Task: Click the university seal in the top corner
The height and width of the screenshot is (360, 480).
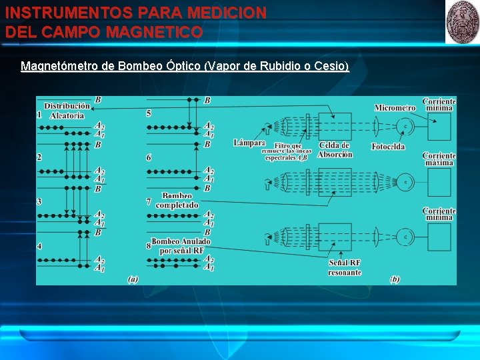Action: [x=462, y=21]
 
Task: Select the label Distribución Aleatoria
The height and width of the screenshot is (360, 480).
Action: [x=67, y=111]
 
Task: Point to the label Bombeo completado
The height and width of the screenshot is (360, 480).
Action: [x=177, y=201]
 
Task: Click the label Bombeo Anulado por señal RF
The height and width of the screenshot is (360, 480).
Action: [x=181, y=246]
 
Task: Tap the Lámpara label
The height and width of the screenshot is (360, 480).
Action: [x=249, y=143]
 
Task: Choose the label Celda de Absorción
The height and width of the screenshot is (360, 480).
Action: [x=335, y=150]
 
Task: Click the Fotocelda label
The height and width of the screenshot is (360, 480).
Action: [x=388, y=147]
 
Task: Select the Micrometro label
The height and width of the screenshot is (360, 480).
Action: [x=395, y=107]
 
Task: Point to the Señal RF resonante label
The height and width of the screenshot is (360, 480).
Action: [x=345, y=267]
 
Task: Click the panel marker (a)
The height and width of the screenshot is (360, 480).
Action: [x=133, y=279]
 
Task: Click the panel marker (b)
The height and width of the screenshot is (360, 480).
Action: [x=395, y=279]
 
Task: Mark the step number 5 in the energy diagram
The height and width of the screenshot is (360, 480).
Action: [x=149, y=113]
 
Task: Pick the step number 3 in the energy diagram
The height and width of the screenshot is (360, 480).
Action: [x=39, y=201]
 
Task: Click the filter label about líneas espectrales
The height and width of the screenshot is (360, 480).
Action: [x=289, y=151]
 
